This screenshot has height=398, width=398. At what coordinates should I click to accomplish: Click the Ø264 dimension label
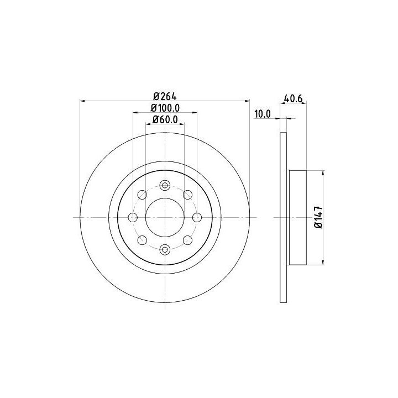165,96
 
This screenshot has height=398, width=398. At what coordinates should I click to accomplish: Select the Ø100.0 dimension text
165,108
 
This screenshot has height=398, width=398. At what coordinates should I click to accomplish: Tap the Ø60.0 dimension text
165,119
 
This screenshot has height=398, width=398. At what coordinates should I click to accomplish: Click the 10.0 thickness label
263,114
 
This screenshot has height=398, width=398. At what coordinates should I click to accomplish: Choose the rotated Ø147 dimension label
319,217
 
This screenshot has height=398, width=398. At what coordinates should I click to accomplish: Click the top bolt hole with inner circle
165,186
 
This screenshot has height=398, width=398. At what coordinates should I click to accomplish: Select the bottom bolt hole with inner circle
165,249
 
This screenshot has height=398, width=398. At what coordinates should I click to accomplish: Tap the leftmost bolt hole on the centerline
133,218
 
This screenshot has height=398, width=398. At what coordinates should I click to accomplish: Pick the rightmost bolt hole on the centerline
197,218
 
